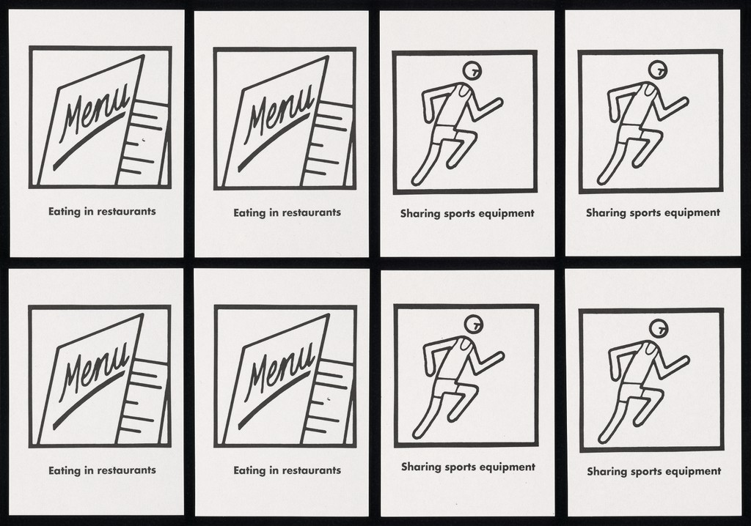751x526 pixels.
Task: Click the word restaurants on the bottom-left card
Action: coord(126,470)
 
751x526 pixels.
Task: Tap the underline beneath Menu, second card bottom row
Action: coord(274,400)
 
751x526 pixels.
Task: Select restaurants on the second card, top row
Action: coord(311,212)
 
